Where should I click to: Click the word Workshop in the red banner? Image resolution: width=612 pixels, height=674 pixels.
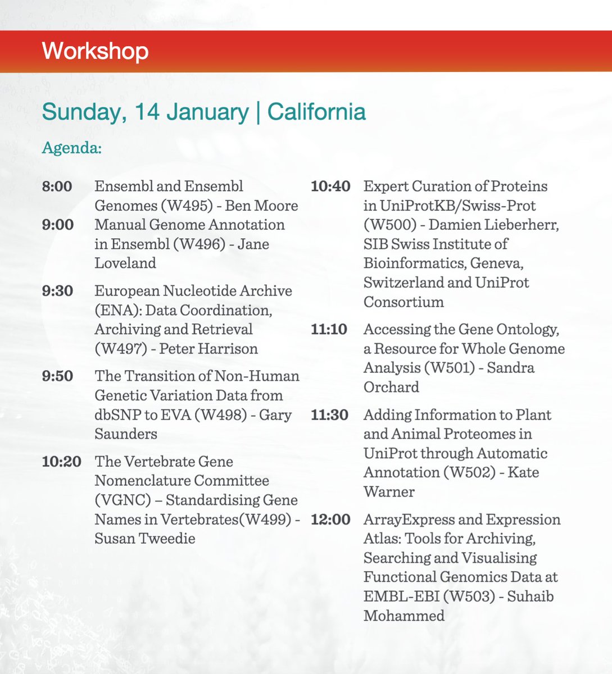pos(95,51)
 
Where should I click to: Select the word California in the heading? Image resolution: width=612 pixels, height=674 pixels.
pos(316,112)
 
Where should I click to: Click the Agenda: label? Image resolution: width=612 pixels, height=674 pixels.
pos(71,148)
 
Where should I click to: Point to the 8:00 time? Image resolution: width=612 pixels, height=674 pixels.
pos(57,186)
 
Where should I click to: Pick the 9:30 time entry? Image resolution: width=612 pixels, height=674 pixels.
pos(57,291)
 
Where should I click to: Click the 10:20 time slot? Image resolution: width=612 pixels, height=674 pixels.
pos(61,462)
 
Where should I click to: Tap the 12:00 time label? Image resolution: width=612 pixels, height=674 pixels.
pos(330,520)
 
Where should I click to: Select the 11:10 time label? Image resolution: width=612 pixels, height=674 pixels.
pos(329,330)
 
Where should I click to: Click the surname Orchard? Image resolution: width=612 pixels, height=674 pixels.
pos(391,387)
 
